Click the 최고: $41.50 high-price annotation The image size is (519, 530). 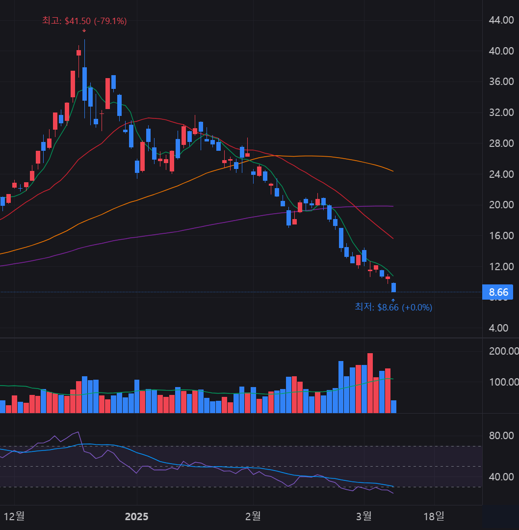[x=84, y=21]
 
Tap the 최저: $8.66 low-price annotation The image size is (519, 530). [x=393, y=307]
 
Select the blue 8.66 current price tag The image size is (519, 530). [x=498, y=292]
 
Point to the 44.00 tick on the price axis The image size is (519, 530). [x=501, y=20]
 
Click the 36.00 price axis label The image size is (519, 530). [x=501, y=82]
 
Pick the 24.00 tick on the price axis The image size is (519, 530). [x=501, y=174]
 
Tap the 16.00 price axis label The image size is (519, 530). [x=501, y=236]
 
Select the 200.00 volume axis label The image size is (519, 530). [x=503, y=351]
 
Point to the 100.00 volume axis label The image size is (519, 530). [x=503, y=382]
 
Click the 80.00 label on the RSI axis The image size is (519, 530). [x=501, y=436]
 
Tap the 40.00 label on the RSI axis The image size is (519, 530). [x=501, y=477]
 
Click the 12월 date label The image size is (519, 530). [x=14, y=516]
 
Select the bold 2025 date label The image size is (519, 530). [x=136, y=517]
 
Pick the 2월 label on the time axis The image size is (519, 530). [x=253, y=516]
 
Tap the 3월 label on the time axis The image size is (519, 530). [x=364, y=516]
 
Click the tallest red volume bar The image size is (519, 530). [x=370, y=383]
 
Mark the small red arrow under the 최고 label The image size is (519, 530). [x=84, y=30]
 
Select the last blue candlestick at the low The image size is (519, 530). [x=393, y=287]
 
